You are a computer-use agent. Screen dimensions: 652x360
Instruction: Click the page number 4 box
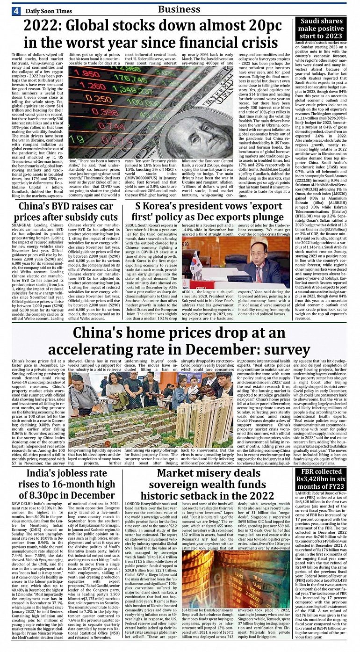tap(16, 11)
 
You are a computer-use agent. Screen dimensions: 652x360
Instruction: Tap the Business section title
tap(179, 9)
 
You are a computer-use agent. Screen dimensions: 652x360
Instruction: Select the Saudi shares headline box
tap(321, 28)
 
